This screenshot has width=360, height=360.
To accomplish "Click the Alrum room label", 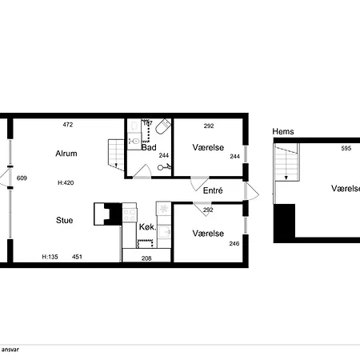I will (x=66, y=153).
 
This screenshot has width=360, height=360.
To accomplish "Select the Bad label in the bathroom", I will (x=149, y=148).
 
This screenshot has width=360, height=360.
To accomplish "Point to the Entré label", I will (x=213, y=191).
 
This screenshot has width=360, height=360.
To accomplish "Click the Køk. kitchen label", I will (x=147, y=227).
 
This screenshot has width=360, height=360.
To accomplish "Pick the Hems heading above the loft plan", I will (x=282, y=131).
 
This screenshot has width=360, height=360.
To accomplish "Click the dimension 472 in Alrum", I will (x=68, y=126).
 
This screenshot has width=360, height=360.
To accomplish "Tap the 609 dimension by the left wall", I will (x=22, y=178).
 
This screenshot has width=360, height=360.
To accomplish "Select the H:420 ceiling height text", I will (x=66, y=183).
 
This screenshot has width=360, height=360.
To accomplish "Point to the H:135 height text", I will (x=50, y=257).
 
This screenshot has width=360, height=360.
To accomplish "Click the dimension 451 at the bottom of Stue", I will (x=78, y=257).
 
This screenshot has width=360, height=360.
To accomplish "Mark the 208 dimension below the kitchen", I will (x=147, y=258).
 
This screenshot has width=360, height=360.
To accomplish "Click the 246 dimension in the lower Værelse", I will (x=234, y=244).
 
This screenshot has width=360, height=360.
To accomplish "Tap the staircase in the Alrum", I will (x=114, y=153).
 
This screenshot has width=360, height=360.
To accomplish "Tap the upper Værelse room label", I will (x=208, y=148).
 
